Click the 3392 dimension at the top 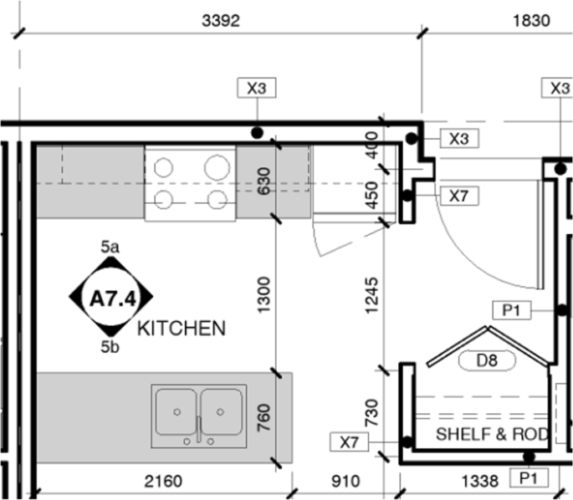point(221,21)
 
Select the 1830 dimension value point(531,21)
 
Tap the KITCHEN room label point(182,329)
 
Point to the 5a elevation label point(110,247)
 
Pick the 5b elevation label point(110,347)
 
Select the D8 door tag point(487,360)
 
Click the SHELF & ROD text point(492,434)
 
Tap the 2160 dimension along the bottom point(163,482)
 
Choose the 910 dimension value point(345,482)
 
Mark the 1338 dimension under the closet point(480,482)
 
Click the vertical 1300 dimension point(263,295)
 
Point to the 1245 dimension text point(371,295)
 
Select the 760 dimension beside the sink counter point(263,417)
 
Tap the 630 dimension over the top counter point(263,181)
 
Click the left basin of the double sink point(177,411)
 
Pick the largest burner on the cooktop point(217,167)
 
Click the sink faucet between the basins point(199,429)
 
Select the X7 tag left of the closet point(350,442)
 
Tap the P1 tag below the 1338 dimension point(529,477)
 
